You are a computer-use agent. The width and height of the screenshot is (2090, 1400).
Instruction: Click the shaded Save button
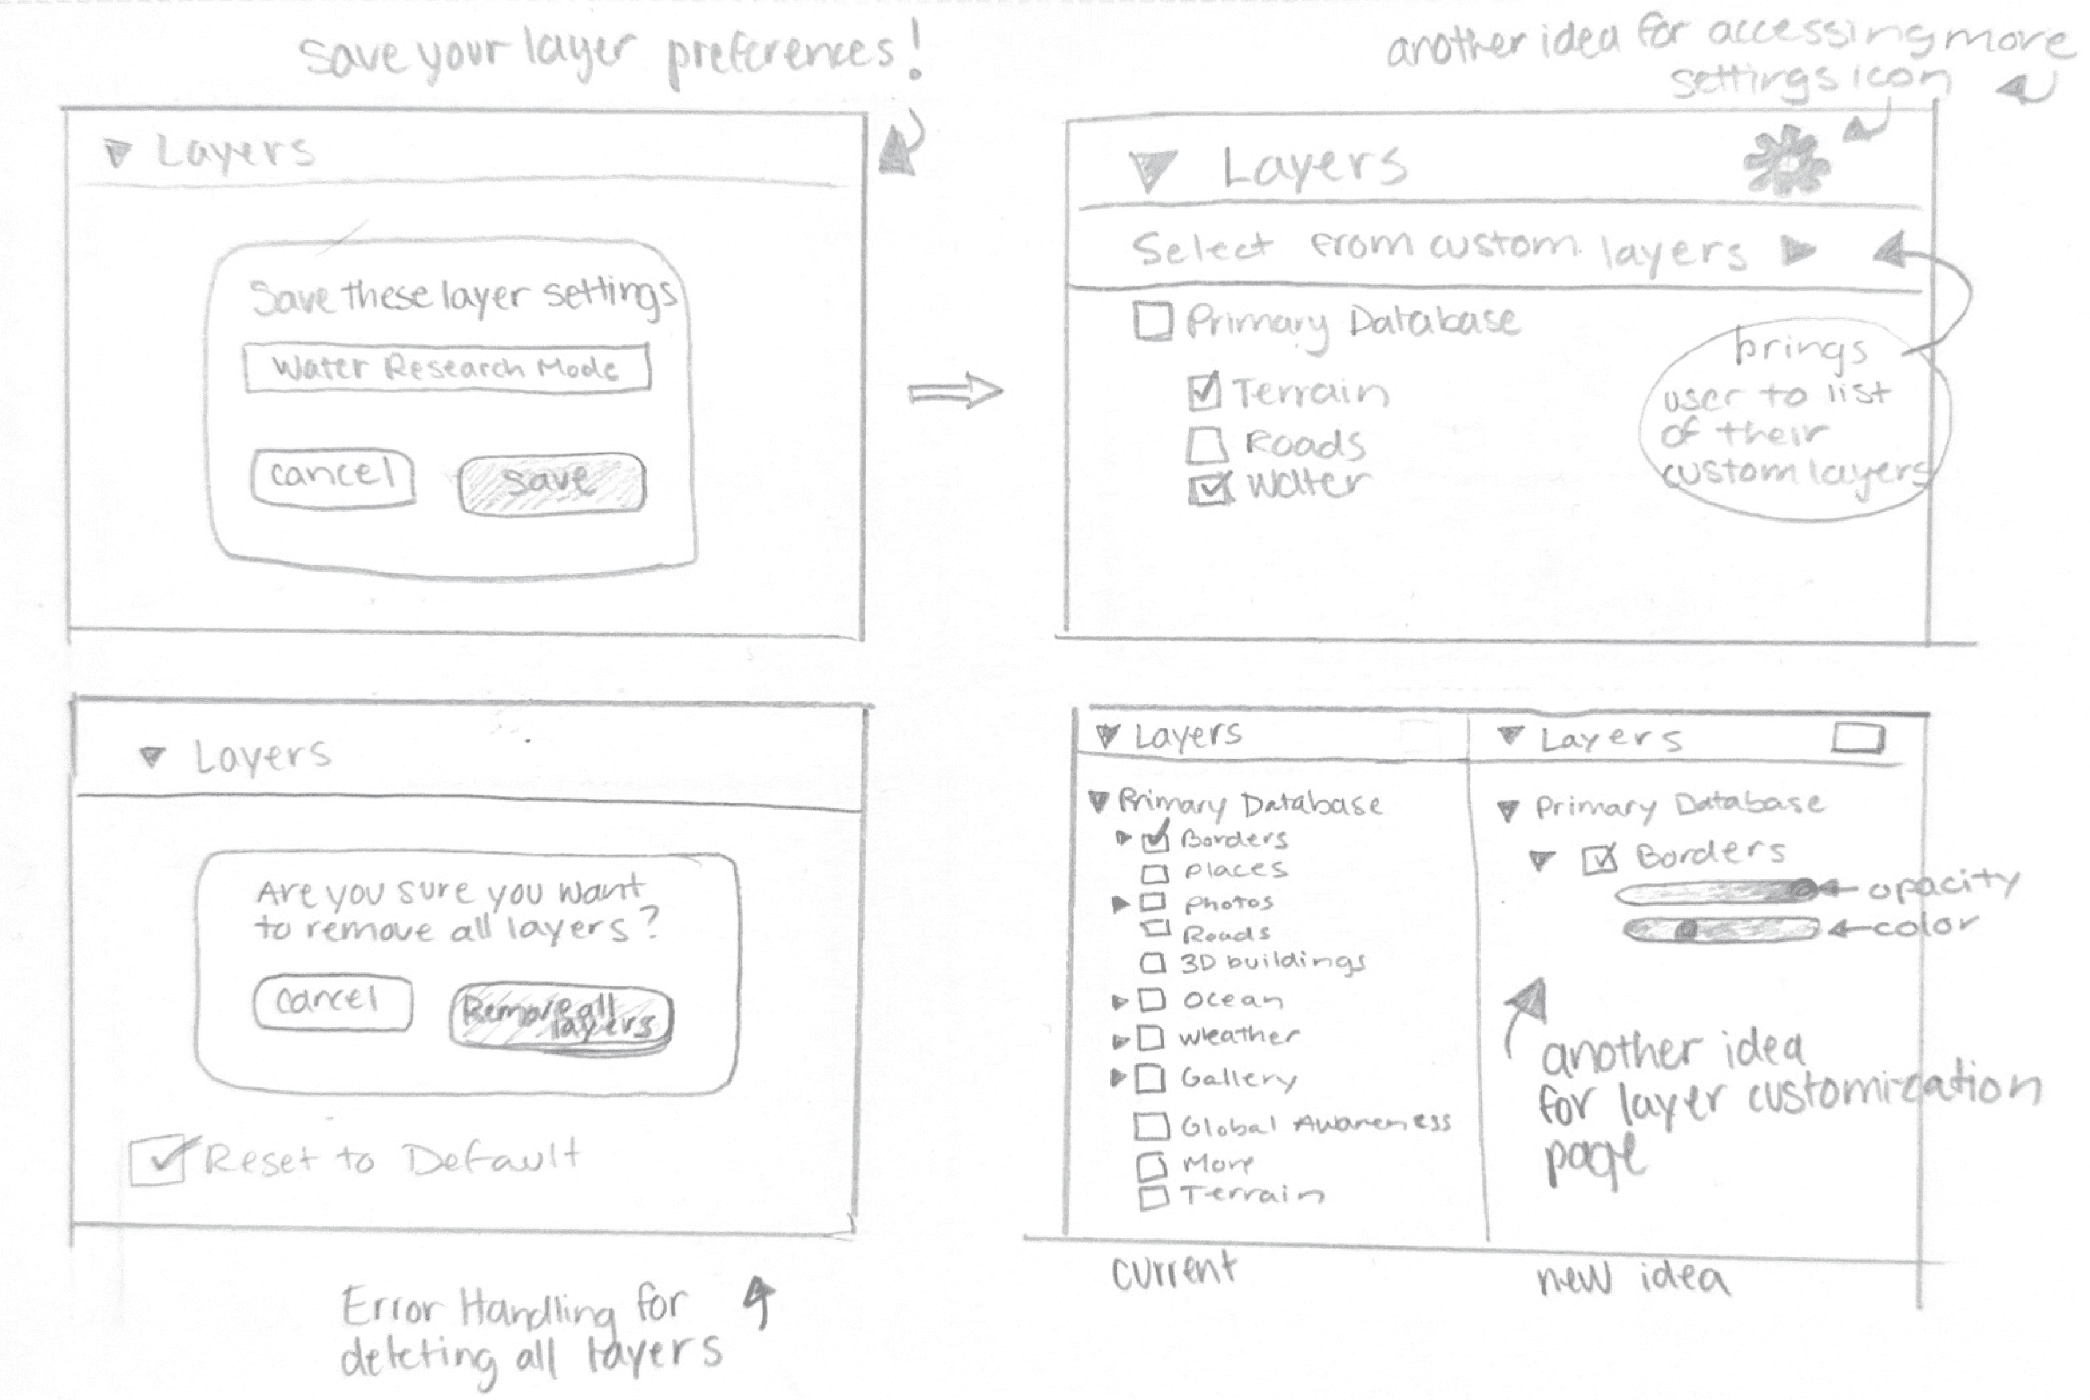(552, 483)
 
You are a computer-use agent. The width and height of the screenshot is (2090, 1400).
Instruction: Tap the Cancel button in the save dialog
(332, 478)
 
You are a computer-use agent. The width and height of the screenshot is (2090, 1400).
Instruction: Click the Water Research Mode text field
(447, 368)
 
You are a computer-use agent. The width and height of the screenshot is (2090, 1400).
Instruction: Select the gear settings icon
(1785, 163)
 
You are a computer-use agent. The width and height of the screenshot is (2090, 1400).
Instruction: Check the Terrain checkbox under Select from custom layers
(1204, 391)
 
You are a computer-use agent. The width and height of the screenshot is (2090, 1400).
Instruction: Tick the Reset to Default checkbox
(158, 1161)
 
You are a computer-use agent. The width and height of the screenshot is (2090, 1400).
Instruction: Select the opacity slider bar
(1716, 891)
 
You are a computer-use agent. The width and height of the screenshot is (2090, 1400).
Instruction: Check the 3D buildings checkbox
(1153, 962)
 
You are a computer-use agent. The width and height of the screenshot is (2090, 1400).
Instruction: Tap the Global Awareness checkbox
(1151, 1126)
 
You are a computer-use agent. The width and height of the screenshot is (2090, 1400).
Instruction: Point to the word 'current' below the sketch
(1173, 1270)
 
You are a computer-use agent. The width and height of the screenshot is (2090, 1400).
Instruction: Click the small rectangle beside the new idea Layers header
(1858, 739)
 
